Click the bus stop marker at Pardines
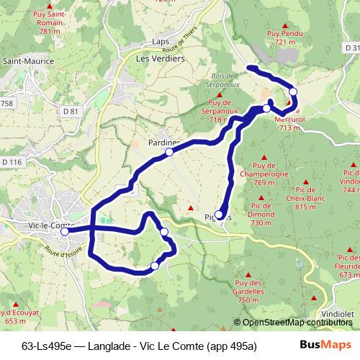point(169,153)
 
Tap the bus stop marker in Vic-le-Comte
point(64,232)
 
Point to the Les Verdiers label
point(161,58)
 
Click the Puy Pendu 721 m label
point(282,38)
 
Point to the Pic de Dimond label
point(261,214)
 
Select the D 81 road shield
point(70,112)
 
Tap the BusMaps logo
point(325,344)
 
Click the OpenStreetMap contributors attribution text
point(298,323)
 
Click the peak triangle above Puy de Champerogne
point(264,158)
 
